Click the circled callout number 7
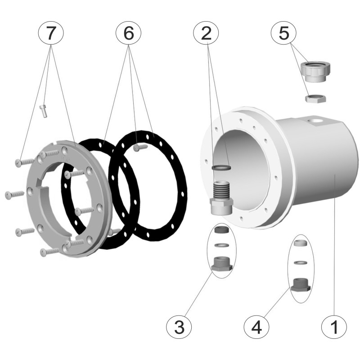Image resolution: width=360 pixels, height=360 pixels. click(x=51, y=33)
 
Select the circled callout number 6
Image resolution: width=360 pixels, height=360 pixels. click(x=129, y=33)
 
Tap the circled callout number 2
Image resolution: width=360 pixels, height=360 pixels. click(x=206, y=33)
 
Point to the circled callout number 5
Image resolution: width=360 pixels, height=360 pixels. click(x=284, y=33)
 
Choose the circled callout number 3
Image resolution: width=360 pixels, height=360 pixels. click(x=179, y=326)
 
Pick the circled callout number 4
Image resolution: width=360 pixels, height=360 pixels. click(x=256, y=326)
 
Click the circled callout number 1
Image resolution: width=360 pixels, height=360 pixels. click(x=334, y=326)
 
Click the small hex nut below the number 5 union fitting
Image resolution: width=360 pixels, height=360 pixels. click(x=315, y=98)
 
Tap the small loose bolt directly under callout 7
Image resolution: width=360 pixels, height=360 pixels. click(x=43, y=111)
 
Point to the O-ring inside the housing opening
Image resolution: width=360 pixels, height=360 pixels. click(x=221, y=167)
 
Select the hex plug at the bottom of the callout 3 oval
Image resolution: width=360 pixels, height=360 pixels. click(x=222, y=264)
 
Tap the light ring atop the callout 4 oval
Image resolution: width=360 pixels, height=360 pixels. click(x=301, y=243)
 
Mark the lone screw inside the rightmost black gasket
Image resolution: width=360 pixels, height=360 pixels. click(x=140, y=148)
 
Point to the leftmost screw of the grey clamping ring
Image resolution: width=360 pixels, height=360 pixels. click(x=15, y=195)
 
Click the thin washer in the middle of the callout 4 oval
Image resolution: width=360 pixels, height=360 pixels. click(x=301, y=262)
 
